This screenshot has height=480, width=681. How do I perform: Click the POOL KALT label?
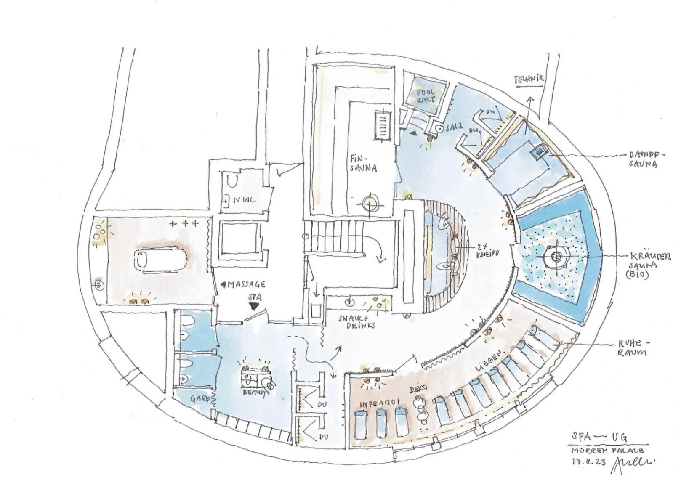426,96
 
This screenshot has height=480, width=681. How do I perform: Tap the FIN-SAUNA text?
363,164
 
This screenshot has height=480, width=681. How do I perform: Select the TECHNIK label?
529,80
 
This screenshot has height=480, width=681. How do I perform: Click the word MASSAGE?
247,285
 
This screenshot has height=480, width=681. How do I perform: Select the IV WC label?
244,200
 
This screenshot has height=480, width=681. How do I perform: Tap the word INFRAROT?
379,403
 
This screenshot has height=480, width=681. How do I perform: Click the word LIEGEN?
489,361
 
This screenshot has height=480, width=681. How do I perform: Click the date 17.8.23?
588,461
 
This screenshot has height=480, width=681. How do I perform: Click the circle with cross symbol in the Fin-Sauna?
370,203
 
